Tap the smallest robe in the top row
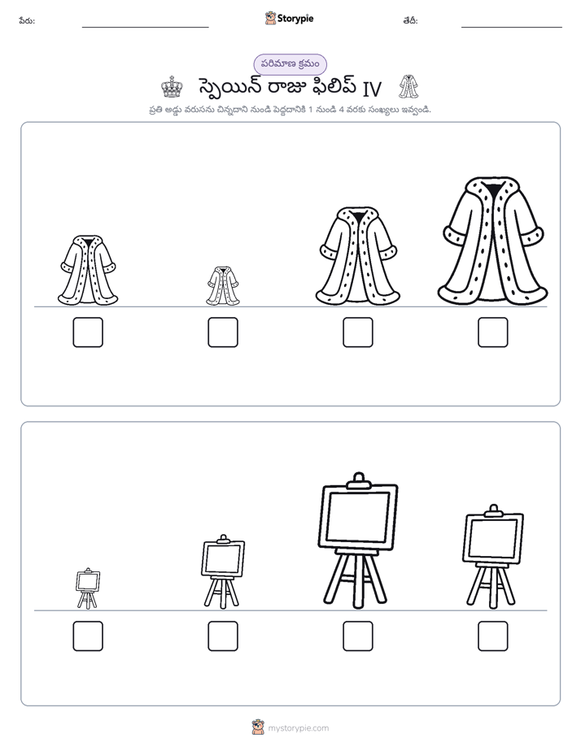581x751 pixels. pyautogui.click(x=223, y=286)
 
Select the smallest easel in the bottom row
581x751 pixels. pyautogui.click(x=88, y=588)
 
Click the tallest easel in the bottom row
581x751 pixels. pyautogui.click(x=358, y=540)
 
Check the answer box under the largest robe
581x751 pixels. pyautogui.click(x=493, y=332)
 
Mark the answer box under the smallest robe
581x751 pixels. pyautogui.click(x=223, y=332)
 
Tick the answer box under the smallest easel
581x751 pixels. pyautogui.click(x=88, y=636)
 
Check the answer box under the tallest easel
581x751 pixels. pyautogui.click(x=358, y=636)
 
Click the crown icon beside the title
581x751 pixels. pyautogui.click(x=172, y=87)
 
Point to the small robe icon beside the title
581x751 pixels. pyautogui.click(x=408, y=87)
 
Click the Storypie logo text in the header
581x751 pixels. pyautogui.click(x=295, y=19)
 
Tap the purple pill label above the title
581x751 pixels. pyautogui.click(x=290, y=64)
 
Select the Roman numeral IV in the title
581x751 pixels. pyautogui.click(x=372, y=89)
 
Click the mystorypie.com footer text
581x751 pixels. pyautogui.click(x=298, y=728)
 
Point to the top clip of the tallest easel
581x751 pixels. pyautogui.click(x=358, y=480)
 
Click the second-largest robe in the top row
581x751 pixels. pyautogui.click(x=358, y=255)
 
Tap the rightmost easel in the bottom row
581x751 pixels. pyautogui.click(x=493, y=557)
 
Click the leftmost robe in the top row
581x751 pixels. pyautogui.click(x=88, y=270)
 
